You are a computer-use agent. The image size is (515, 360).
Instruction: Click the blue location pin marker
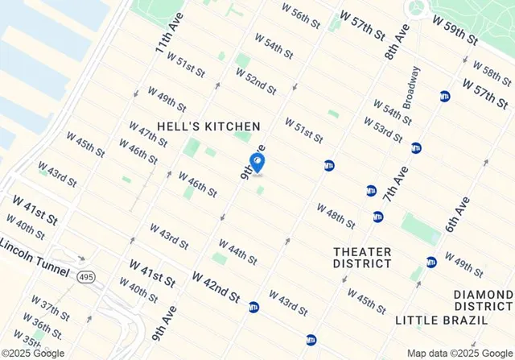point(257,163)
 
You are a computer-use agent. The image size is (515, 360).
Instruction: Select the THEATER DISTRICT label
point(362,257)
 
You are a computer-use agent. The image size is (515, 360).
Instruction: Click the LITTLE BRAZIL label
point(441,320)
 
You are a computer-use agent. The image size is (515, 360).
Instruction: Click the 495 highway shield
point(86,277)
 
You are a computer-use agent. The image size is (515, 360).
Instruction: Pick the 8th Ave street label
point(397,46)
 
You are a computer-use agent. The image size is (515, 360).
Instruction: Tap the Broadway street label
point(410,87)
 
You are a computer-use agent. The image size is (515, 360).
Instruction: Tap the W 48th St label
point(336,214)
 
